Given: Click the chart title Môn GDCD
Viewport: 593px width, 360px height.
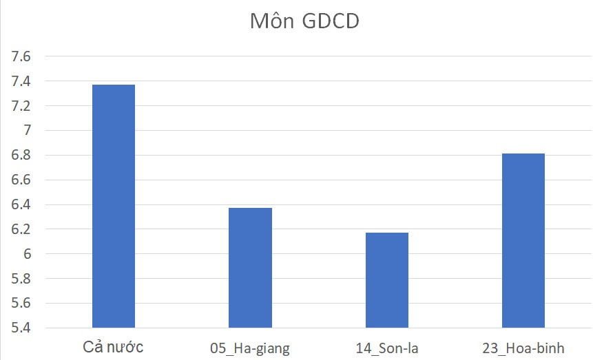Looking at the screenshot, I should click(304, 21).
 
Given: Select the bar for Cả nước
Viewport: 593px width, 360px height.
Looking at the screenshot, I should click(114, 207).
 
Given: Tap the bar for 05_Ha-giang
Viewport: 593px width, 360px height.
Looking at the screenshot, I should click(250, 268).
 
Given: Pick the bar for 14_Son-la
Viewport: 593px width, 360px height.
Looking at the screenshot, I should click(386, 280).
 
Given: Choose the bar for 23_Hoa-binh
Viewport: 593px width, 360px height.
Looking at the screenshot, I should click(523, 240).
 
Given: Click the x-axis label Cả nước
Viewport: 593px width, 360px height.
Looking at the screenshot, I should click(113, 346).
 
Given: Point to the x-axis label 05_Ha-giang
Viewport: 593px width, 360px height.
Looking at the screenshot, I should click(250, 348).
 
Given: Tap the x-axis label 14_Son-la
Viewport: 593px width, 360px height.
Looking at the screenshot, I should click(386, 348).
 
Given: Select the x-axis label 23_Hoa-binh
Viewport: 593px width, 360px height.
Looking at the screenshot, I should click(523, 348).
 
